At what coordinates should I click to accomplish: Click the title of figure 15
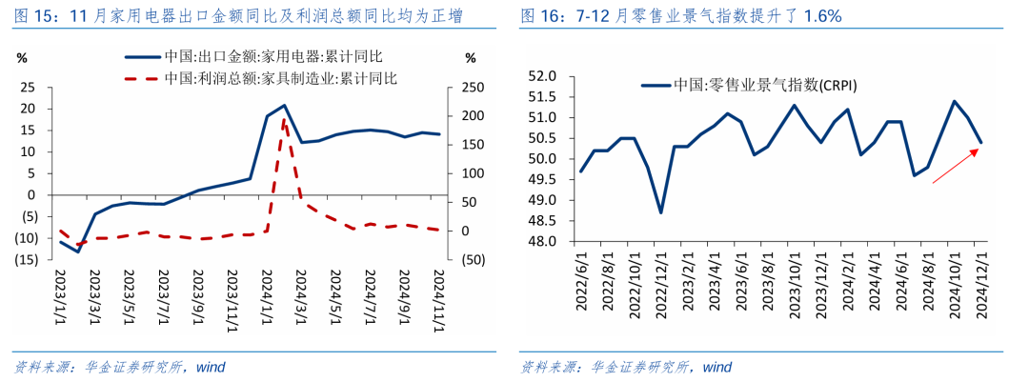click(238, 17)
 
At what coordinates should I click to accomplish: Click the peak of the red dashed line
click(284, 119)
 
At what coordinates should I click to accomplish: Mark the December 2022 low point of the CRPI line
click(661, 211)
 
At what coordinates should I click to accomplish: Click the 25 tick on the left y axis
click(29, 88)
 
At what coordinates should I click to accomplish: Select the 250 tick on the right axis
click(471, 88)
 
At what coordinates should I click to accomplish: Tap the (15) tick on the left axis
click(26, 260)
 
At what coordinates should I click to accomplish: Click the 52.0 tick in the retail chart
click(540, 76)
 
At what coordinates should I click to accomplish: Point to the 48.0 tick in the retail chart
click(540, 242)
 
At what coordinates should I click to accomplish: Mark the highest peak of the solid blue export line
click(284, 106)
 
